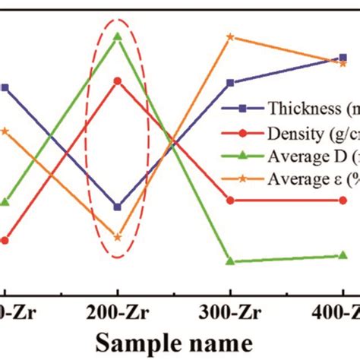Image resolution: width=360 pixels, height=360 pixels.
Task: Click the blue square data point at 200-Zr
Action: [118, 207]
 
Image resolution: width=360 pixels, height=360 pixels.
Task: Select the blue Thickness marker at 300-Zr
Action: [230, 83]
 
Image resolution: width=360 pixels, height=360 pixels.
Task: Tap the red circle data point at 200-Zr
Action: [118, 81]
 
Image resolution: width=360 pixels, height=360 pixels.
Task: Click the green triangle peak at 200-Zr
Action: [118, 36]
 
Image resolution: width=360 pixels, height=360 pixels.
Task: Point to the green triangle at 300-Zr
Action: [230, 261]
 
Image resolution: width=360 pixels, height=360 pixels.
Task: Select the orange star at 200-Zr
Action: [118, 237]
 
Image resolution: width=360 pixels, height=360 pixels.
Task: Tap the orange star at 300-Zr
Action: [230, 36]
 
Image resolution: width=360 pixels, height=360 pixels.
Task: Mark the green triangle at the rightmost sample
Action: [344, 256]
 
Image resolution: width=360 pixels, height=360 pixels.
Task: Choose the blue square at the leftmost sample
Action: [5, 88]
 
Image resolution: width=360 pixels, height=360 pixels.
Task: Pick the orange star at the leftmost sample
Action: [5, 131]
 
